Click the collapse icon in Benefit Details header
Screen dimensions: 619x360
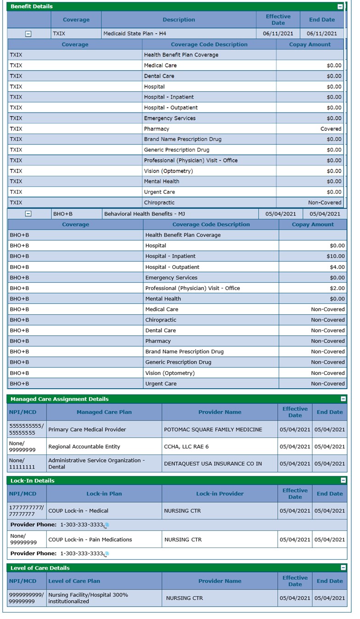click(340, 7)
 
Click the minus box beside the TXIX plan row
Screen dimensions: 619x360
click(28, 34)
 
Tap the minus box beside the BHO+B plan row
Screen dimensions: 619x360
click(28, 214)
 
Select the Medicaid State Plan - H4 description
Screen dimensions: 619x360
click(134, 33)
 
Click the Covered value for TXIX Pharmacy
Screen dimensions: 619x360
click(331, 129)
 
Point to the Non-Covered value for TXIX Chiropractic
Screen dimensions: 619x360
click(325, 203)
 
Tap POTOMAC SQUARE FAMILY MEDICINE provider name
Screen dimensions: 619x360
click(213, 429)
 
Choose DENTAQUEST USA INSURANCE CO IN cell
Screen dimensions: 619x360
click(213, 463)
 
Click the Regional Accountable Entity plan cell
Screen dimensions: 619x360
click(84, 446)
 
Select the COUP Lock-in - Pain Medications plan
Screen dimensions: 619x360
click(90, 540)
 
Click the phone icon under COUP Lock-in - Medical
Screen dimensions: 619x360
click(106, 525)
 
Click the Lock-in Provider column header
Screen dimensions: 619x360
click(219, 494)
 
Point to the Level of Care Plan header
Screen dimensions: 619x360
click(74, 581)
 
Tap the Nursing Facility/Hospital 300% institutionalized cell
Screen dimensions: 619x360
click(88, 598)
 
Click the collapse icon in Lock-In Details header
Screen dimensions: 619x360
click(343, 480)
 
